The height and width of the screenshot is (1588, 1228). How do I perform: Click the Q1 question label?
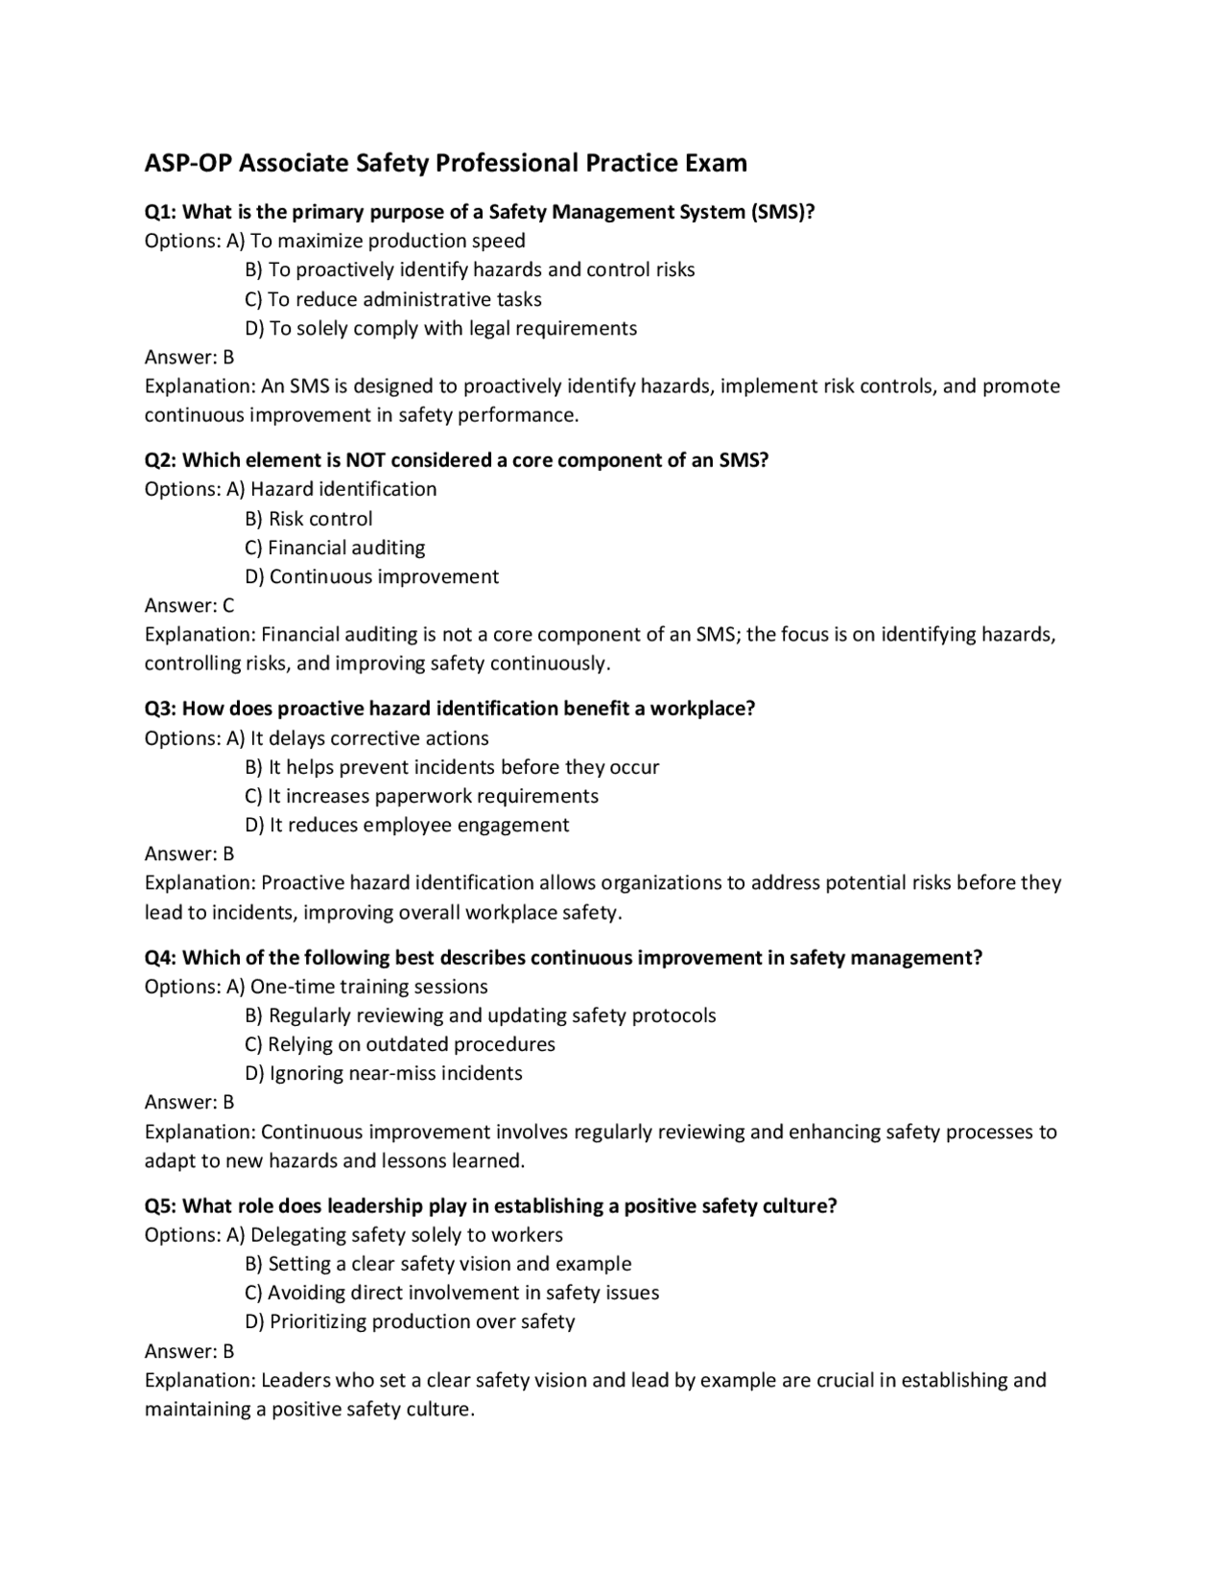pos(160,212)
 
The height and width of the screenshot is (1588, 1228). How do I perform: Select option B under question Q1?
pos(469,269)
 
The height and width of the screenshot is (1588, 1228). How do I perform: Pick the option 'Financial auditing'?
pos(335,548)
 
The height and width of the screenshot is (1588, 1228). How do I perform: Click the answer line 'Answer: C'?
pos(189,605)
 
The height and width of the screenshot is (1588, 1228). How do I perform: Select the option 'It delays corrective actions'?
pos(368,738)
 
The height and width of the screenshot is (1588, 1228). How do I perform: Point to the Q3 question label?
pos(160,709)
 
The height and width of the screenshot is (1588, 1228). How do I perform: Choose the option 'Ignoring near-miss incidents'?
pos(384,1073)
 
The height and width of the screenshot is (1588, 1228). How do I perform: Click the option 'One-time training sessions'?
pos(368,987)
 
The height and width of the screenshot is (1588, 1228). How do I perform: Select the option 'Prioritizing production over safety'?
pos(410,1321)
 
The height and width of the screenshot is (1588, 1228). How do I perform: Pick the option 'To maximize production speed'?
pos(387,241)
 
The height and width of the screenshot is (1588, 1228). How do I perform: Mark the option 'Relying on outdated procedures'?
pos(400,1044)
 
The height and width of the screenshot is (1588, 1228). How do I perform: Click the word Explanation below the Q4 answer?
pos(199,1132)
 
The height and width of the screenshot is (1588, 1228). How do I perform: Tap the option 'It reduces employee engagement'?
pos(407,825)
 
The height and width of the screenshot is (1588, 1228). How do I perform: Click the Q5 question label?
pos(160,1206)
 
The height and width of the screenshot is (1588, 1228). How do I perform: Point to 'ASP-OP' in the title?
pos(187,163)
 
